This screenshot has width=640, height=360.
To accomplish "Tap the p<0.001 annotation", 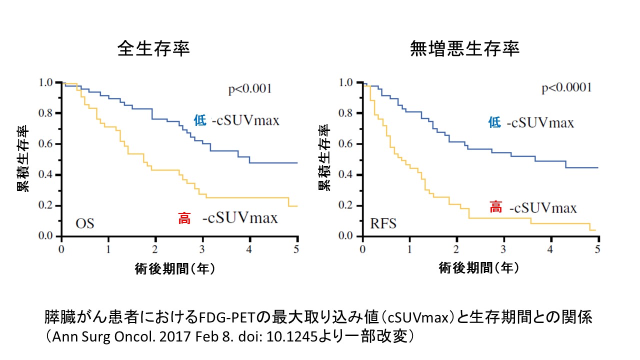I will pos(249,89).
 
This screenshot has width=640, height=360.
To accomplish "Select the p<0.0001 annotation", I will pos(566,88).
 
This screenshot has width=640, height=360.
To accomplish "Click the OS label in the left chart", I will pos(84,223).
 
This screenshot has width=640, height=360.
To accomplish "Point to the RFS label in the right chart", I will pos(383,223).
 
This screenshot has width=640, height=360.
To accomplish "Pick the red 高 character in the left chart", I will pos(184,218).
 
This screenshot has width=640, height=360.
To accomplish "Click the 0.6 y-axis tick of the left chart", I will pos(47,144).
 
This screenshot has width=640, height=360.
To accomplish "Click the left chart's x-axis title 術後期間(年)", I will pos(175,268).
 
